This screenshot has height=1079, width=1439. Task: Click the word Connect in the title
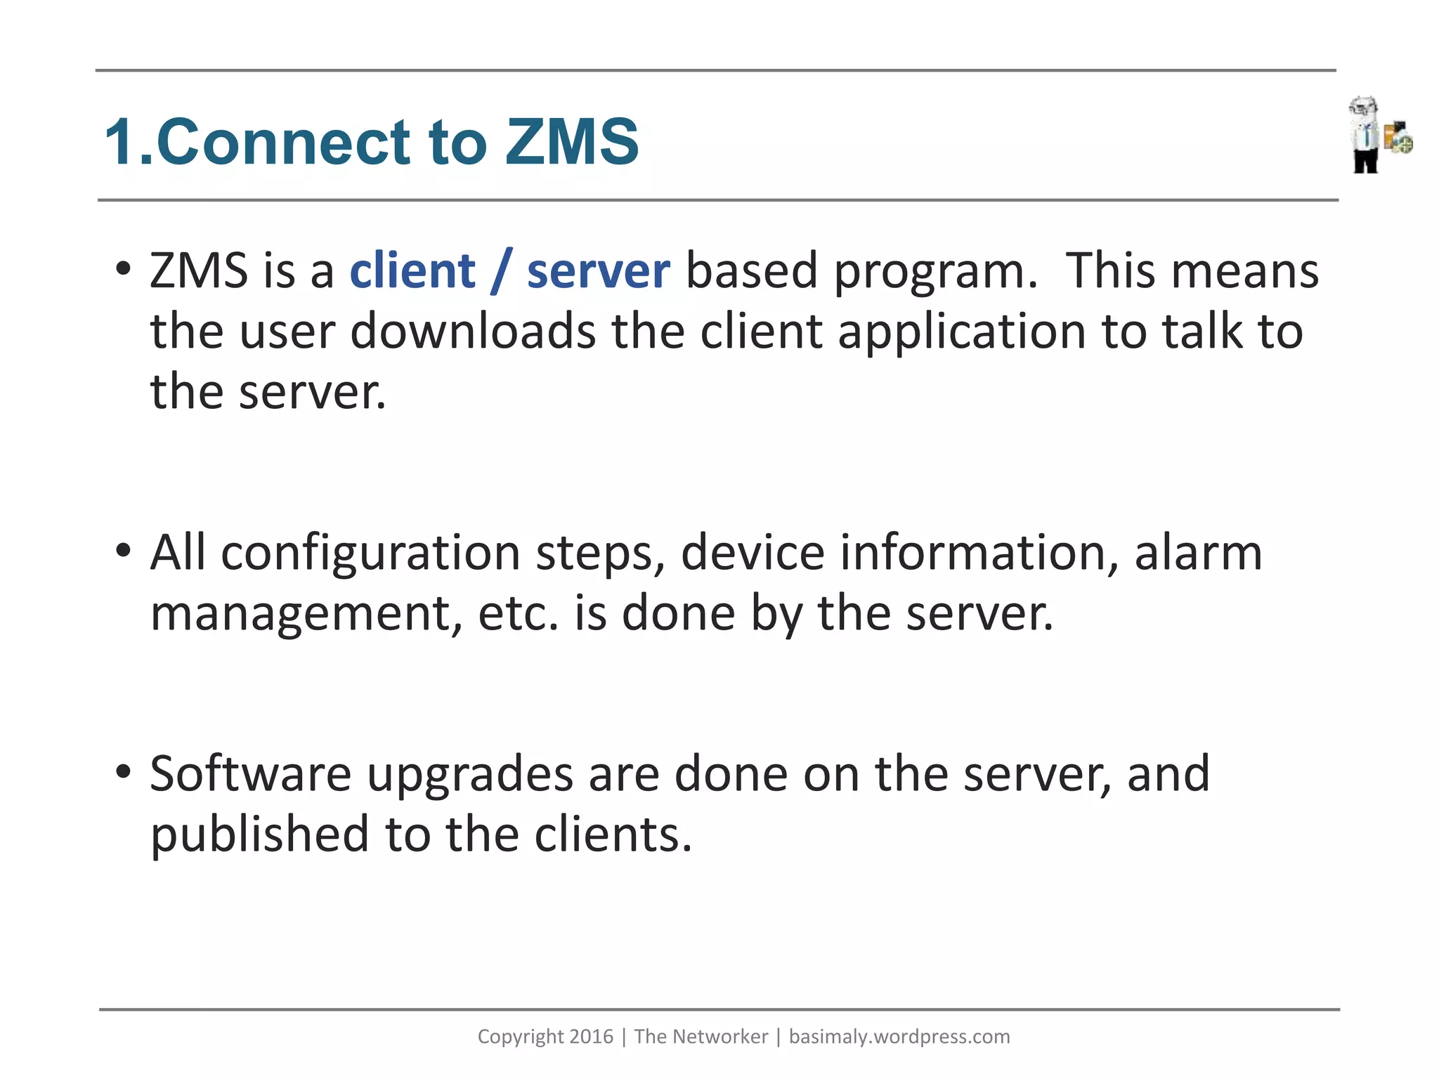(283, 143)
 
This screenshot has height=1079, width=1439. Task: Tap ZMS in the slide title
(571, 143)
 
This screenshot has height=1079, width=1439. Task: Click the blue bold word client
(412, 271)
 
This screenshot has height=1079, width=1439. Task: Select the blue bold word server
(598, 271)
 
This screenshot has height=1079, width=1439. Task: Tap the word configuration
(370, 554)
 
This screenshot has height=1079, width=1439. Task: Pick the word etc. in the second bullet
(518, 613)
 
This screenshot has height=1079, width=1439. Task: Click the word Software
(251, 774)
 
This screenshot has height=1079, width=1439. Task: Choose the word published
(260, 835)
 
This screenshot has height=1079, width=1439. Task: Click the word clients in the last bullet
(613, 835)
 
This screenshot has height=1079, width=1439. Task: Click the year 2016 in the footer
(591, 1037)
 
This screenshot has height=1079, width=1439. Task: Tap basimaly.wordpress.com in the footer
(899, 1037)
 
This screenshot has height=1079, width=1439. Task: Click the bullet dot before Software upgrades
(124, 771)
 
